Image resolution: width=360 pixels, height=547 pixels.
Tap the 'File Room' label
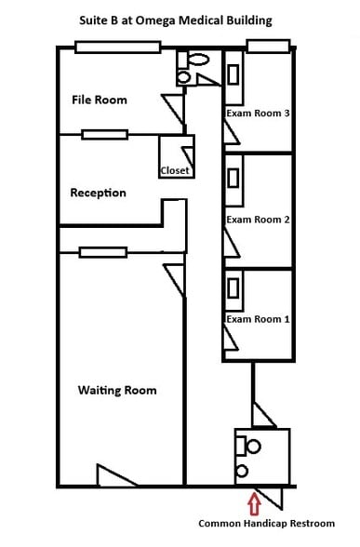100,100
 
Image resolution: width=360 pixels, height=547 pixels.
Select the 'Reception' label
98,193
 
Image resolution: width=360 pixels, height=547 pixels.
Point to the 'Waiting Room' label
117,390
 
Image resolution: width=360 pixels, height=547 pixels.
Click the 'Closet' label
175,170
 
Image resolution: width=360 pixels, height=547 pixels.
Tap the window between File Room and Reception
104,135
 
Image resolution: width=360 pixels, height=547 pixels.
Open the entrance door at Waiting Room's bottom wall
116,475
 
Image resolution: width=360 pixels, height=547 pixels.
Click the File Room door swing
173,106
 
